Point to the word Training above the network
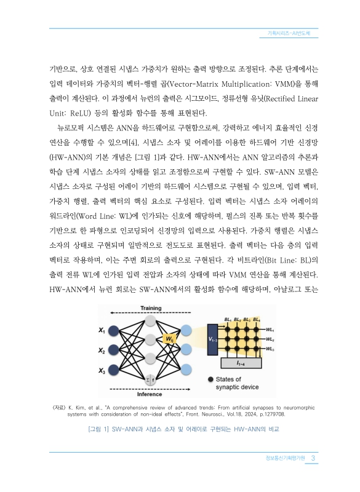(151, 308)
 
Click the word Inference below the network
(150, 394)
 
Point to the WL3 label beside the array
(270, 348)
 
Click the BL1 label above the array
(228, 320)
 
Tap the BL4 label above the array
(256, 320)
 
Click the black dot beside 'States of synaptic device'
(211, 379)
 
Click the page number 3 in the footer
(313, 458)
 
